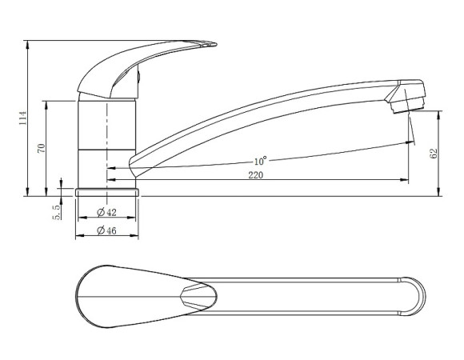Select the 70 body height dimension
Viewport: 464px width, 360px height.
pos(41,146)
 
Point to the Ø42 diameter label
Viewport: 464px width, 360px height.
pos(106,212)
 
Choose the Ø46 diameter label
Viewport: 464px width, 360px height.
pos(106,231)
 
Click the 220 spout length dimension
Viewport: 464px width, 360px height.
pos(256,174)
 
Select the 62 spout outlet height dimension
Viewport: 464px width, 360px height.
pos(434,153)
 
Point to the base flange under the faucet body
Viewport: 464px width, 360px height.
pos(107,193)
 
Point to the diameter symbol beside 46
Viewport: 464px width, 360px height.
pos(100,231)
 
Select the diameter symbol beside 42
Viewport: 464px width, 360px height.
pos(100,212)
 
